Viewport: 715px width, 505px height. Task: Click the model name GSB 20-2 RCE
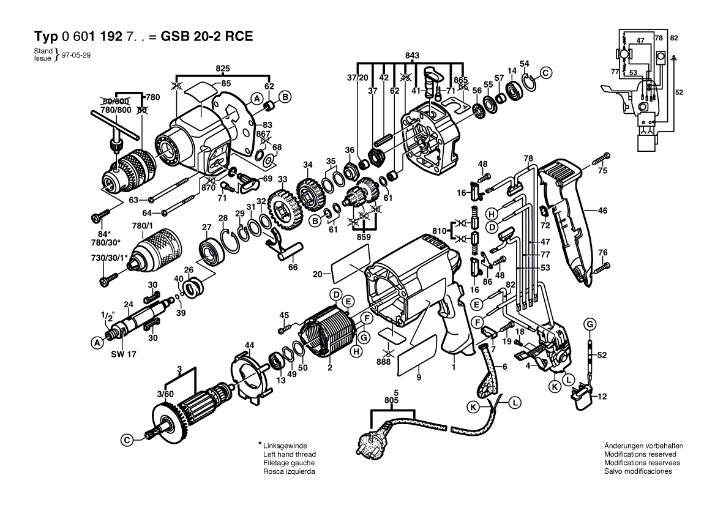pyautogui.click(x=206, y=36)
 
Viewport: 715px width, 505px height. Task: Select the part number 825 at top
pyautogui.click(x=222, y=68)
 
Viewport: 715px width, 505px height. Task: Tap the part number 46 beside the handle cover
pyautogui.click(x=602, y=211)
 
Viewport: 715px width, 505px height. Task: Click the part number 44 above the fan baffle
pyautogui.click(x=249, y=346)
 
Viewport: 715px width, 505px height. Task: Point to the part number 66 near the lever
pyautogui.click(x=293, y=267)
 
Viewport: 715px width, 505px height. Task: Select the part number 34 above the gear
pyautogui.click(x=307, y=165)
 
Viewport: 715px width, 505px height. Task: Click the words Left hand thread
pyautogui.click(x=290, y=454)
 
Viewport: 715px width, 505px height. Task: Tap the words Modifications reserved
pyautogui.click(x=640, y=454)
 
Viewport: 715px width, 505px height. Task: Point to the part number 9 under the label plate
pyautogui.click(x=419, y=378)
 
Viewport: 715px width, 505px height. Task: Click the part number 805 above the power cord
pyautogui.click(x=392, y=400)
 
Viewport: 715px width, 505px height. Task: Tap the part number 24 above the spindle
pyautogui.click(x=129, y=304)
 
